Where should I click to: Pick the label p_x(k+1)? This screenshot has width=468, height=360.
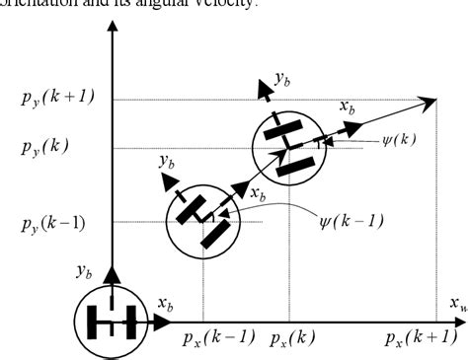click(x=421, y=339)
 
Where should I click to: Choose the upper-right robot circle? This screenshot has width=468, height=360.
click(x=288, y=146)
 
